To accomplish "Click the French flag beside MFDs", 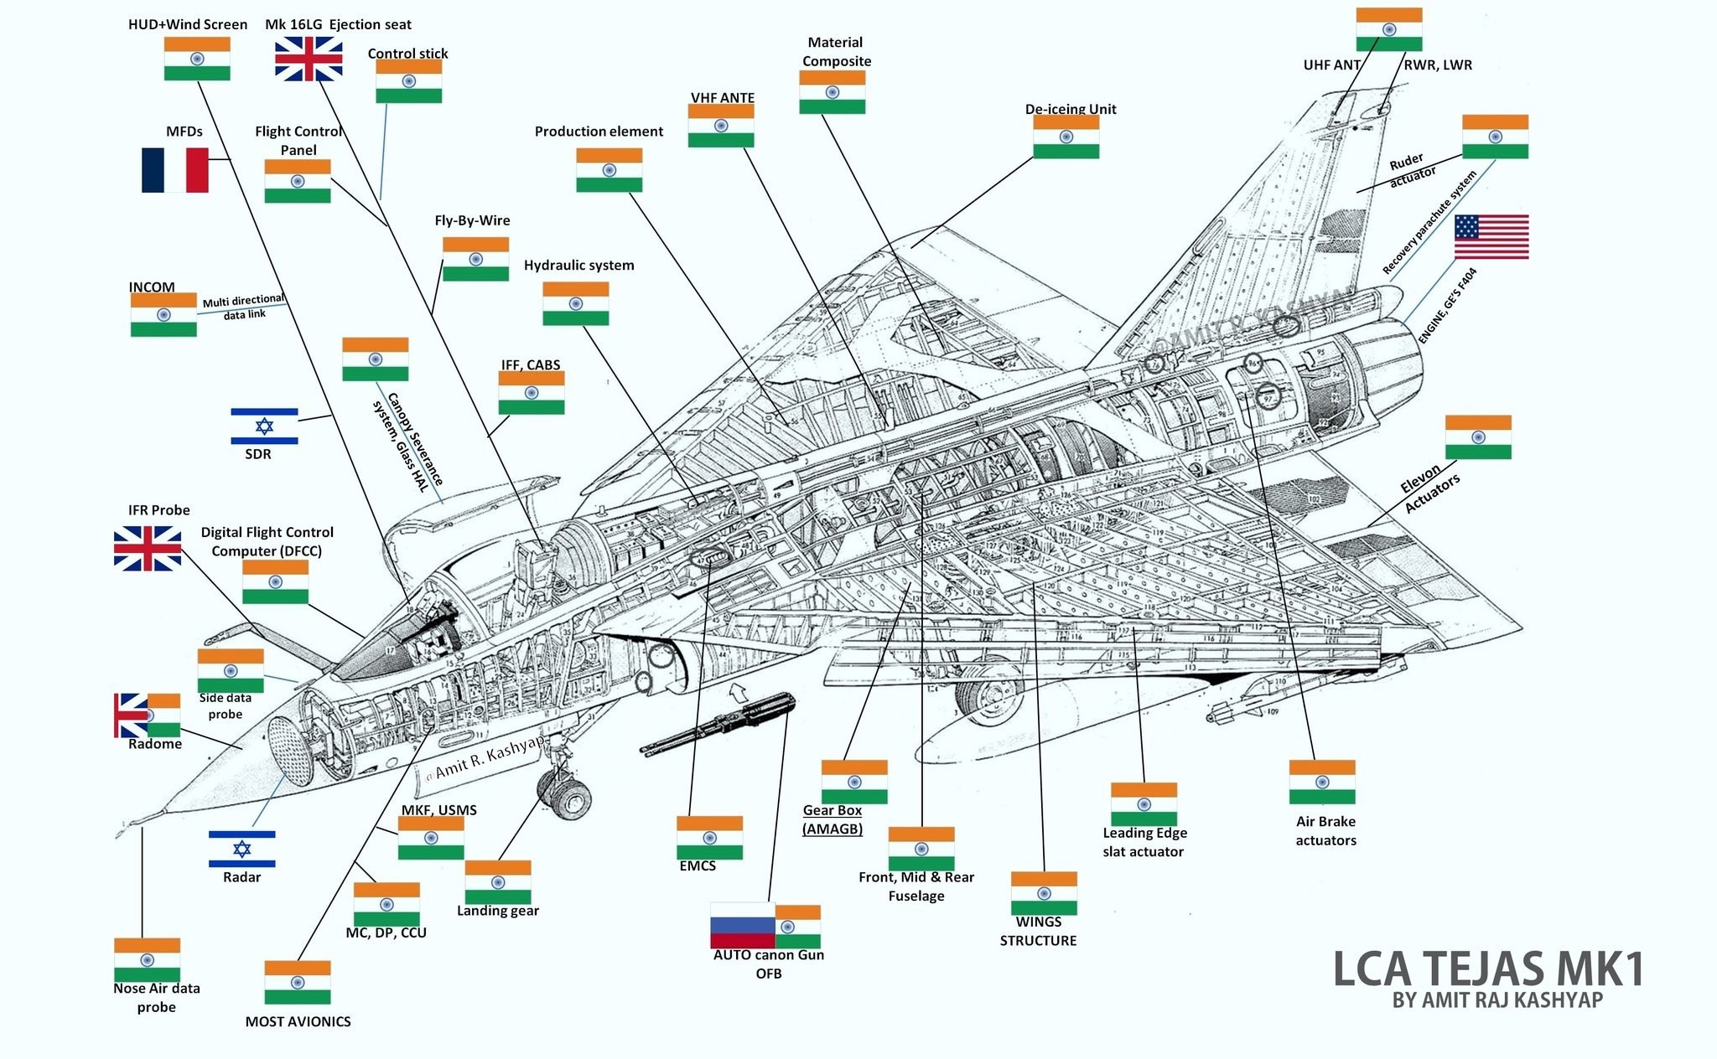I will click(x=174, y=170).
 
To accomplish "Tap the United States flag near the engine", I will click(x=1491, y=236).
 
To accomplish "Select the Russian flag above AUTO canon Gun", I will click(x=742, y=925).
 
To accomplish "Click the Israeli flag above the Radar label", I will click(x=241, y=849).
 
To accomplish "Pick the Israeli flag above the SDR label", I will click(x=264, y=426).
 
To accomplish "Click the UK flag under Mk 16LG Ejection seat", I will click(x=309, y=59).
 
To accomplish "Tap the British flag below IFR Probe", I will click(x=148, y=548).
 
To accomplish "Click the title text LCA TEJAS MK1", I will click(x=1487, y=969).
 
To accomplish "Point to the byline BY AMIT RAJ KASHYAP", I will click(x=1497, y=1000).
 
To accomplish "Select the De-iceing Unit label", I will click(x=1070, y=109).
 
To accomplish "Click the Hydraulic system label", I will click(x=578, y=266).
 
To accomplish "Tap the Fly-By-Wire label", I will click(x=472, y=220).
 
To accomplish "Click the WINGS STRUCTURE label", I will click(x=1038, y=931).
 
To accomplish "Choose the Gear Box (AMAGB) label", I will click(x=832, y=819).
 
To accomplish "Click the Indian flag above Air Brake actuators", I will click(x=1321, y=782).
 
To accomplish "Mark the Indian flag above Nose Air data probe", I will click(x=147, y=959).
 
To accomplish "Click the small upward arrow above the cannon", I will click(x=738, y=691).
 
